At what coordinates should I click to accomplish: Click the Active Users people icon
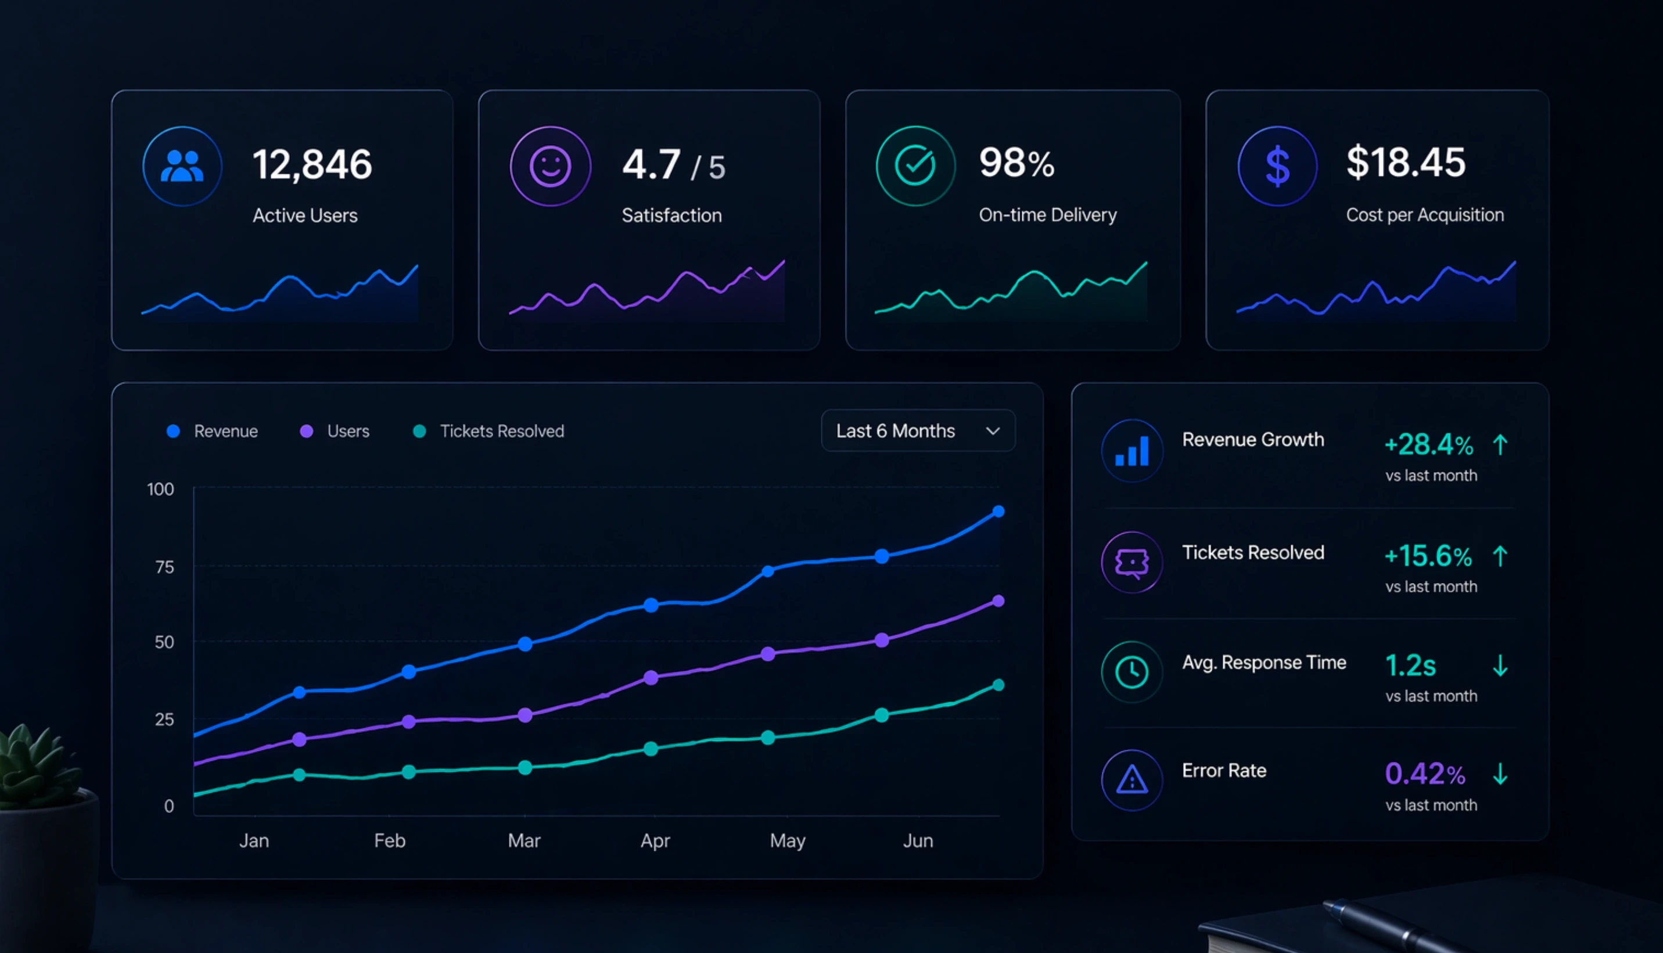pyautogui.click(x=182, y=166)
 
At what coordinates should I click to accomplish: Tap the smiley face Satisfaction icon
pyautogui.click(x=549, y=166)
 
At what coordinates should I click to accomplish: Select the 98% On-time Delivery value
pyautogui.click(x=1017, y=163)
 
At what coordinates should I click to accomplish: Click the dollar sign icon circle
pyautogui.click(x=1277, y=166)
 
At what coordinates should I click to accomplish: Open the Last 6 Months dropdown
pyautogui.click(x=918, y=431)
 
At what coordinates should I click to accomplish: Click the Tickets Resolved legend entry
pyautogui.click(x=489, y=431)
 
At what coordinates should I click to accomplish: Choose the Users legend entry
pyautogui.click(x=335, y=431)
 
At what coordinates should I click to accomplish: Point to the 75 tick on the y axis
pyautogui.click(x=164, y=567)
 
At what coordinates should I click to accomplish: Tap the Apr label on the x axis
pyautogui.click(x=655, y=840)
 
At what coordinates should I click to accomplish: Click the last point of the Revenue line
pyautogui.click(x=998, y=511)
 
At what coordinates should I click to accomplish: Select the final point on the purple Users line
pyautogui.click(x=998, y=601)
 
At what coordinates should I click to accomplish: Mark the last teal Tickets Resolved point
pyautogui.click(x=998, y=685)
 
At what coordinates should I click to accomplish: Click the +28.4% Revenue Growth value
pyautogui.click(x=1429, y=445)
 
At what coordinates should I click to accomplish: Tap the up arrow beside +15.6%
pyautogui.click(x=1500, y=556)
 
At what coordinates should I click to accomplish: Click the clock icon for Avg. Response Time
pyautogui.click(x=1132, y=671)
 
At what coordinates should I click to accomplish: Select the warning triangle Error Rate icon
pyautogui.click(x=1132, y=780)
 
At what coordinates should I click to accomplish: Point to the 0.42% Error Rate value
pyautogui.click(x=1425, y=774)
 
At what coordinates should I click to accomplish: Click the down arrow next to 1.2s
pyautogui.click(x=1500, y=666)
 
